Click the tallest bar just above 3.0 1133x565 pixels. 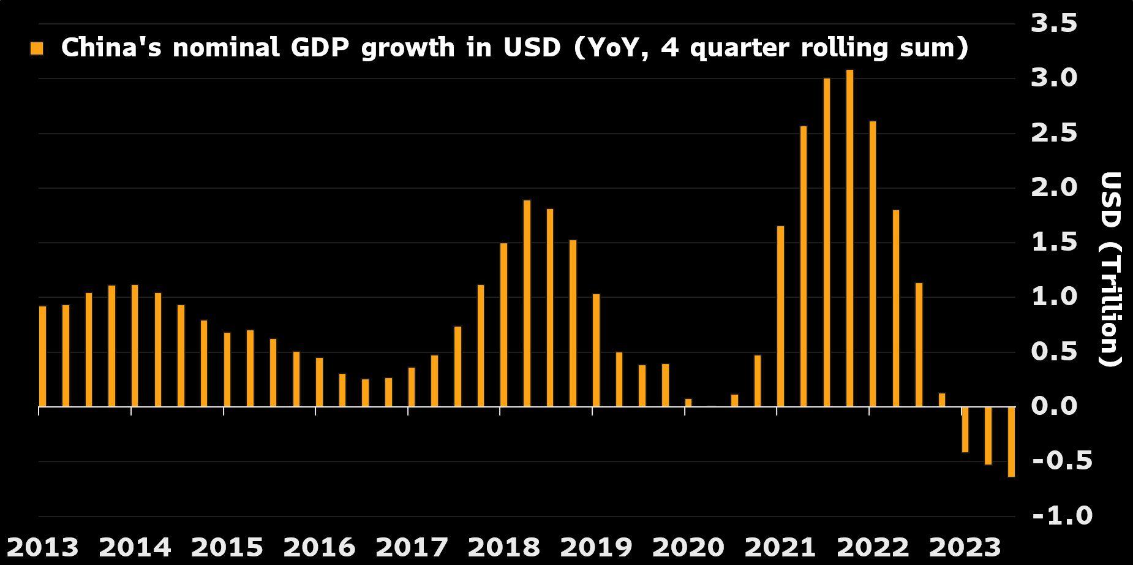[x=849, y=238]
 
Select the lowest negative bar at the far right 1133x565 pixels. [x=1011, y=441]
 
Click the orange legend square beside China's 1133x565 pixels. [x=37, y=49]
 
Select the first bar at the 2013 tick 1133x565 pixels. [x=42, y=356]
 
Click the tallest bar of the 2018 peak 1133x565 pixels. [x=527, y=303]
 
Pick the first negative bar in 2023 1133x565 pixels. [x=965, y=429]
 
